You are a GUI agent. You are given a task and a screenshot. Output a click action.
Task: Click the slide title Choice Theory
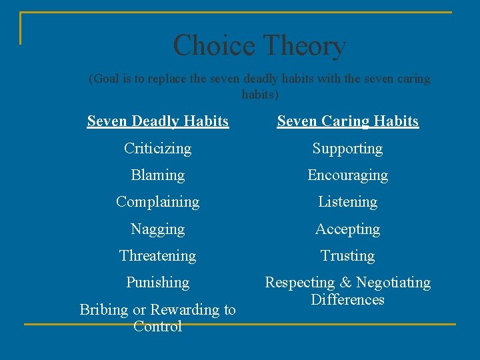(x=259, y=46)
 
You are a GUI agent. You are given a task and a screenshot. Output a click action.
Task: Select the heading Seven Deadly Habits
(x=158, y=121)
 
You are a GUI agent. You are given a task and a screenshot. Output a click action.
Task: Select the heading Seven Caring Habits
(x=347, y=121)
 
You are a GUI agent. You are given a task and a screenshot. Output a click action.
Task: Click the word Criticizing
(x=157, y=149)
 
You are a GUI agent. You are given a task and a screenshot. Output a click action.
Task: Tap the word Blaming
(x=157, y=175)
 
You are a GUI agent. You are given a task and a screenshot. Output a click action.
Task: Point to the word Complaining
(x=157, y=202)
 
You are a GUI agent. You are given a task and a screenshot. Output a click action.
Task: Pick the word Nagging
(x=157, y=229)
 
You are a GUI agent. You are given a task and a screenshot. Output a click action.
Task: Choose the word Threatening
(x=157, y=256)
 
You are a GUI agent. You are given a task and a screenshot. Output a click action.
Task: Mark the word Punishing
(x=157, y=283)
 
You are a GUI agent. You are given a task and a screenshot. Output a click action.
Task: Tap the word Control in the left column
(x=157, y=327)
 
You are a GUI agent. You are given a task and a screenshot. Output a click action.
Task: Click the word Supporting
(x=347, y=149)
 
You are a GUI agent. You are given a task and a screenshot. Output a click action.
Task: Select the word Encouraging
(x=347, y=175)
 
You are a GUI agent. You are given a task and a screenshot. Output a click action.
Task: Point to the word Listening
(x=347, y=202)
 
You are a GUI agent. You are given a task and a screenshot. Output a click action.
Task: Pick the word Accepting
(x=347, y=229)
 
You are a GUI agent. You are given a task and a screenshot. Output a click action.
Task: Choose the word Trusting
(x=347, y=256)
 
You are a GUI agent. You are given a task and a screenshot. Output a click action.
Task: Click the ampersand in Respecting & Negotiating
(x=346, y=283)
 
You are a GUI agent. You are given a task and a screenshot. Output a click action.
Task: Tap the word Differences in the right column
(x=347, y=300)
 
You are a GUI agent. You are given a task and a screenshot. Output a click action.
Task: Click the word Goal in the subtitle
(x=107, y=79)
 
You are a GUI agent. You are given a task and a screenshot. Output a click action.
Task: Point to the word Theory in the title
(x=303, y=46)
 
